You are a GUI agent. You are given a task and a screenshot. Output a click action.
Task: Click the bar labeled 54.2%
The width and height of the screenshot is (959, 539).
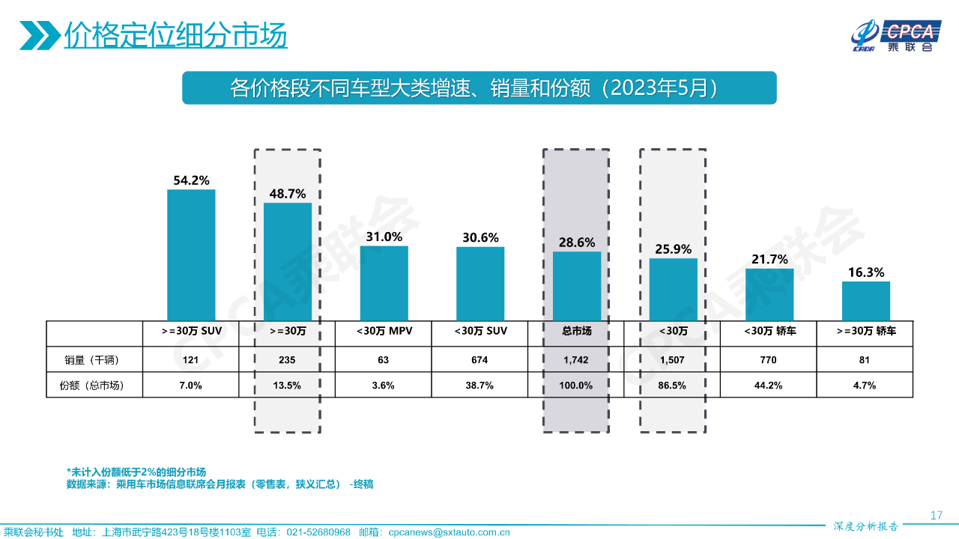[191, 255]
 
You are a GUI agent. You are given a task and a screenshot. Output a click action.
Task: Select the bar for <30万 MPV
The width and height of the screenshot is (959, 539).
[384, 283]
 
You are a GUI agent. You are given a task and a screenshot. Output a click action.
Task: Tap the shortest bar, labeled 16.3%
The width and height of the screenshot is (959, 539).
[865, 301]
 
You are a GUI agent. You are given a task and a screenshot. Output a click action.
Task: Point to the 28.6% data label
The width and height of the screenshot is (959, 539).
[577, 243]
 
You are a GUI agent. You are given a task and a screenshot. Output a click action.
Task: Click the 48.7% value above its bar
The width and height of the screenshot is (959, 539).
[288, 194]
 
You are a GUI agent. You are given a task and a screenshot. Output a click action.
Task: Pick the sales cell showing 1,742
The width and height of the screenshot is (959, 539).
[576, 360]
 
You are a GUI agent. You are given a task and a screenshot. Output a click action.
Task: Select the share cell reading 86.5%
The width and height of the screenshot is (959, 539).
[673, 386]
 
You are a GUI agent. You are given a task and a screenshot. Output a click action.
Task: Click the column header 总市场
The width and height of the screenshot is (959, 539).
[576, 330]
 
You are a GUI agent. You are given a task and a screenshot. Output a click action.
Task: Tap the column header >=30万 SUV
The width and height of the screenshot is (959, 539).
[191, 330]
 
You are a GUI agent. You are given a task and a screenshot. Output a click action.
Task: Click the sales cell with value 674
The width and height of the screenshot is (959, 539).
[479, 360]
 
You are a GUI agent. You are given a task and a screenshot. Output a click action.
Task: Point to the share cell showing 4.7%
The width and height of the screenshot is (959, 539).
[865, 386]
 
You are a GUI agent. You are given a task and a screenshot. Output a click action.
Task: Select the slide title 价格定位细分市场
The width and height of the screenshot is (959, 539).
[175, 35]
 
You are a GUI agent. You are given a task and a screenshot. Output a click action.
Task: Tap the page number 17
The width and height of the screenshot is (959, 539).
[936, 515]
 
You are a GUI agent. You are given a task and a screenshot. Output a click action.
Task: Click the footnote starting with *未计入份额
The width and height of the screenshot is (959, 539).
[136, 472]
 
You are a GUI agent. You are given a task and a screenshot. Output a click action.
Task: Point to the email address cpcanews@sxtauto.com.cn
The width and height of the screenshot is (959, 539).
[449, 532]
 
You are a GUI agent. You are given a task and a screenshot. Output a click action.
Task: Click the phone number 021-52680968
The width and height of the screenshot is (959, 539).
[315, 532]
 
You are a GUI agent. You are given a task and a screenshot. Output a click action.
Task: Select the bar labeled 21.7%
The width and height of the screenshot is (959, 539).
[769, 294]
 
